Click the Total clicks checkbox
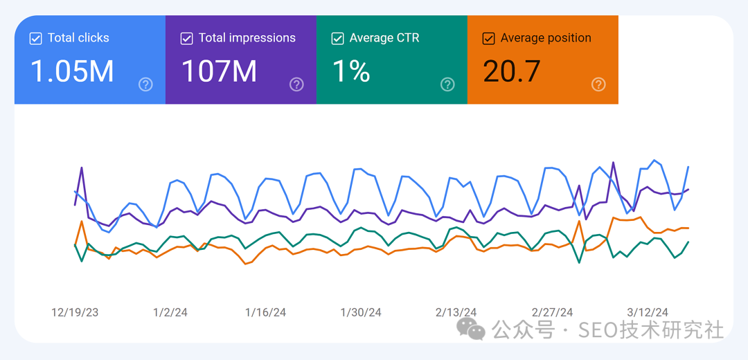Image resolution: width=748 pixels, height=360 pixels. tap(35, 38)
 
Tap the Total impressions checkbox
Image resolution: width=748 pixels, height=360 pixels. tap(186, 38)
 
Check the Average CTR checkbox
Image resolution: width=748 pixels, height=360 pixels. tap(337, 38)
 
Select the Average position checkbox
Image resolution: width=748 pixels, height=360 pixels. tap(488, 38)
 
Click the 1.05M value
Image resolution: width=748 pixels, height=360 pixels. tap(72, 71)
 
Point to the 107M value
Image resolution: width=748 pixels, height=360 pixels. tap(219, 71)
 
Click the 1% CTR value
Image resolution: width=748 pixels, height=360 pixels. tap(352, 71)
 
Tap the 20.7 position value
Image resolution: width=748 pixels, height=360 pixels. tap(512, 71)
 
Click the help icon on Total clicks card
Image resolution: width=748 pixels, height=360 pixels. tap(145, 84)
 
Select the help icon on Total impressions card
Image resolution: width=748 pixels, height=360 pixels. tap(296, 84)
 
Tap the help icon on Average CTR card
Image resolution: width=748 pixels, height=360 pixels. tap(447, 84)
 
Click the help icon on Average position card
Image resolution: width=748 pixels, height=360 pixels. tap(598, 84)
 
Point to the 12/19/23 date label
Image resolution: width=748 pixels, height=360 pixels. tap(75, 312)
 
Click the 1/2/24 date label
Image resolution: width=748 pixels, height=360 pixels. tap(170, 312)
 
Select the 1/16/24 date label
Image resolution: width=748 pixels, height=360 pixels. tap(265, 312)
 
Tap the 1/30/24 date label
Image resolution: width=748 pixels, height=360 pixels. tap(361, 312)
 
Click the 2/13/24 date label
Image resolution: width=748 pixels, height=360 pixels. tap(456, 312)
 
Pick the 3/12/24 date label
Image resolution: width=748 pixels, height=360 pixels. tap(648, 312)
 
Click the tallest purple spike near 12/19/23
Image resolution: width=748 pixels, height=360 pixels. tap(82, 168)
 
